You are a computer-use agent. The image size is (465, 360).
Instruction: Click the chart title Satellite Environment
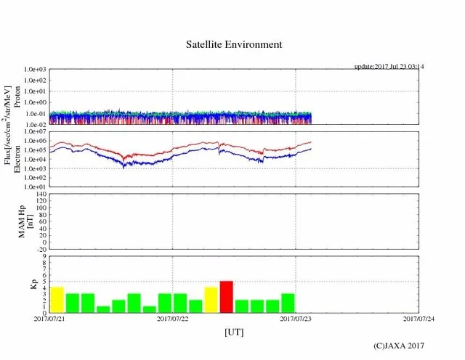pyautogui.click(x=233, y=44)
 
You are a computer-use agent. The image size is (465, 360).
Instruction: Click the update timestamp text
pyautogui.click(x=389, y=66)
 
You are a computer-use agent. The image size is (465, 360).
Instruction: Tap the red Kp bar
pyautogui.click(x=227, y=296)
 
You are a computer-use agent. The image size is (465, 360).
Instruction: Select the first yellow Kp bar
pyautogui.click(x=57, y=299)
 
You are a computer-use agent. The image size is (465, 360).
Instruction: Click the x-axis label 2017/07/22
pyautogui.click(x=173, y=319)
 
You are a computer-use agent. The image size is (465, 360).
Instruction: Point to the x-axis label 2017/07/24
pyautogui.click(x=418, y=319)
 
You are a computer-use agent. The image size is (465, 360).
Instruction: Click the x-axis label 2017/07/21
pyautogui.click(x=49, y=319)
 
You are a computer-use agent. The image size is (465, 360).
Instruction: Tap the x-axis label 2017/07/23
pyautogui.click(x=296, y=319)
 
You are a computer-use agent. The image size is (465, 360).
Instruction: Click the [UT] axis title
pyautogui.click(x=233, y=332)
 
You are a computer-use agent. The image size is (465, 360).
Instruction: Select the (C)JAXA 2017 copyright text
pyautogui.click(x=398, y=346)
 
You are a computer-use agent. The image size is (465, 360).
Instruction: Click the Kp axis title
pyautogui.click(x=32, y=284)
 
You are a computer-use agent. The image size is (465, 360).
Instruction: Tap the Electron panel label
pyautogui.click(x=17, y=158)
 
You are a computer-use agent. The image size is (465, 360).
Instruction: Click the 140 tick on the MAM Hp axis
pyautogui.click(x=41, y=195)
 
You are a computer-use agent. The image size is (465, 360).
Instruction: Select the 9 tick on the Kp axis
pyautogui.click(x=44, y=256)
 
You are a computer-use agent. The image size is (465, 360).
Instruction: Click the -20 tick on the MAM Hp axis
pyautogui.click(x=41, y=249)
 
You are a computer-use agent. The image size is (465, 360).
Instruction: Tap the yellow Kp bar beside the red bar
pyautogui.click(x=211, y=300)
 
